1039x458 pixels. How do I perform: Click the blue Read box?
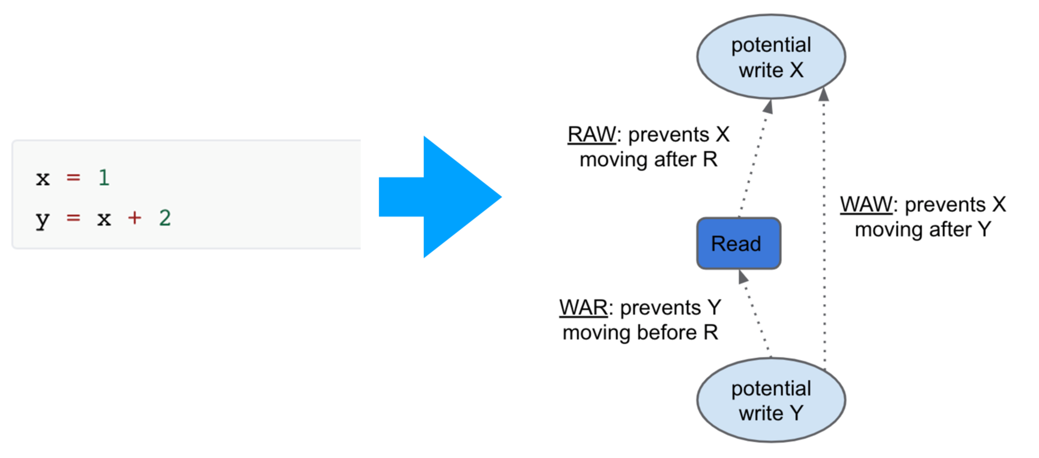click(739, 243)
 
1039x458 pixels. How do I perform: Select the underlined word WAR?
click(583, 308)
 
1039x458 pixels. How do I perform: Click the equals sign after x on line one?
click(73, 178)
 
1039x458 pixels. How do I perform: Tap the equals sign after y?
click(73, 218)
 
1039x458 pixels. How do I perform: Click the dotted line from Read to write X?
click(754, 161)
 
